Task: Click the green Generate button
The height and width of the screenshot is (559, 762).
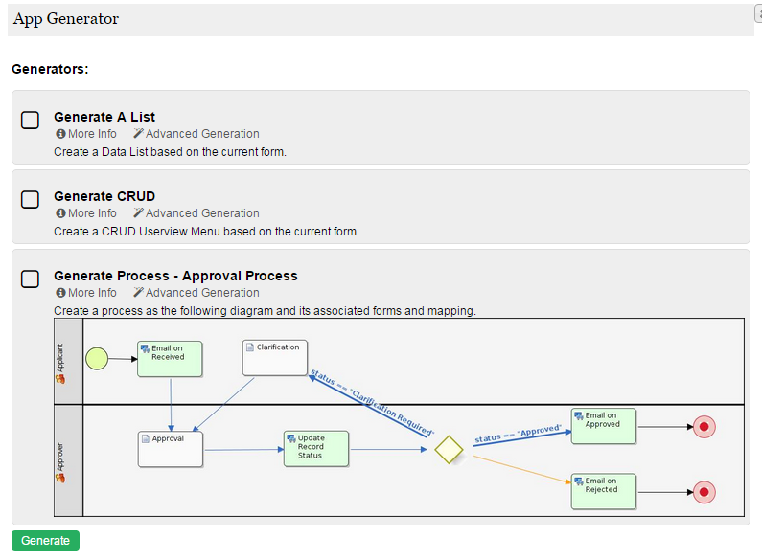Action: point(45,541)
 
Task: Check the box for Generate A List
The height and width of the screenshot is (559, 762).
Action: point(31,120)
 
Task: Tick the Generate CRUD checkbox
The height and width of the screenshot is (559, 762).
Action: point(31,199)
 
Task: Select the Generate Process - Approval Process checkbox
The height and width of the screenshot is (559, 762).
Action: point(31,279)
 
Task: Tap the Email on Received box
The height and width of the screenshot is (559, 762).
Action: point(170,358)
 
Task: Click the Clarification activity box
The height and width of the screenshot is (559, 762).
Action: point(274,358)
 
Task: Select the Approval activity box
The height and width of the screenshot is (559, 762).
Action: point(170,449)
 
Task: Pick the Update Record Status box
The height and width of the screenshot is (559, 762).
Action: point(315,449)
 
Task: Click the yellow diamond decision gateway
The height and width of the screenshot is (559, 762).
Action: point(448,449)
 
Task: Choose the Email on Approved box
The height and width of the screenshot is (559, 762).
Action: point(603,426)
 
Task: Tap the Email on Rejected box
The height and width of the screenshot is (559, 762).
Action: point(603,491)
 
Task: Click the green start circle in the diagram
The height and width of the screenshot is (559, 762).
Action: point(97,359)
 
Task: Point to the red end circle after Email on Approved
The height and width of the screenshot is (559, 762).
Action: point(704,427)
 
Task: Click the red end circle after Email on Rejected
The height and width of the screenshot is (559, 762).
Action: point(704,492)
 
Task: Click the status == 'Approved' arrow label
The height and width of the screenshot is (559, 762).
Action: point(518,435)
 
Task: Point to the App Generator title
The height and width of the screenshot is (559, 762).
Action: point(66,19)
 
